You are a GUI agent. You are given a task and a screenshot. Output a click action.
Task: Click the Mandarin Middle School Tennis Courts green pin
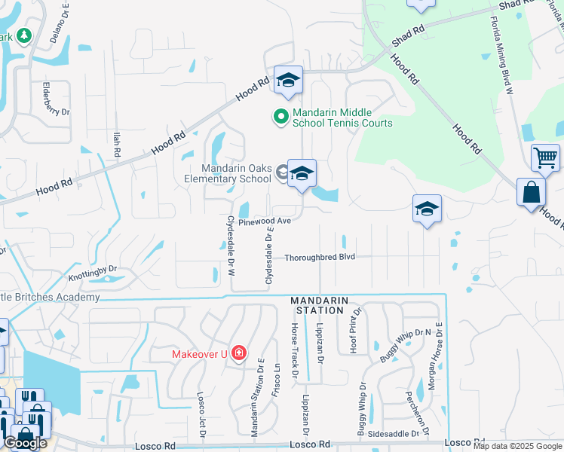[280, 117]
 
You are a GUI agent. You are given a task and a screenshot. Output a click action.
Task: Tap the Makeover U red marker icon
[239, 353]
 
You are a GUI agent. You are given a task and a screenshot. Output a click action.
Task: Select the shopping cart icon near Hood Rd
[545, 158]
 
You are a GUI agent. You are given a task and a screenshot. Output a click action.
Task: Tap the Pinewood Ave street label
[265, 222]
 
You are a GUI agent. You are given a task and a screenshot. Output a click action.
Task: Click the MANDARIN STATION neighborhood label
[320, 305]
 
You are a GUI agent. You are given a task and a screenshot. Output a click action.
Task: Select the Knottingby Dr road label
[93, 273]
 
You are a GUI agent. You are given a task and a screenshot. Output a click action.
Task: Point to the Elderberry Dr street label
[56, 99]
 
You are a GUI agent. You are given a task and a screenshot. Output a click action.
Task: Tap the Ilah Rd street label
[116, 144]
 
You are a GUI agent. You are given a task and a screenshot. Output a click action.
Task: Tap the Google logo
[26, 442]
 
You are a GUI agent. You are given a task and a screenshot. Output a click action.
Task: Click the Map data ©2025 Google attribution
[517, 446]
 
